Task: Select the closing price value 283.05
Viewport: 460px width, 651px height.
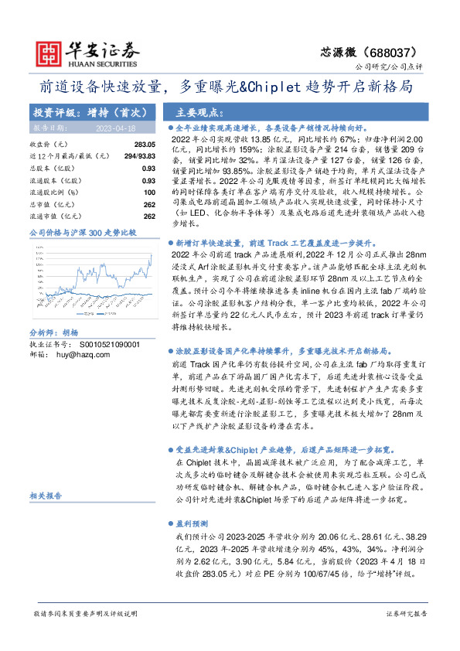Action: pos(145,145)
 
